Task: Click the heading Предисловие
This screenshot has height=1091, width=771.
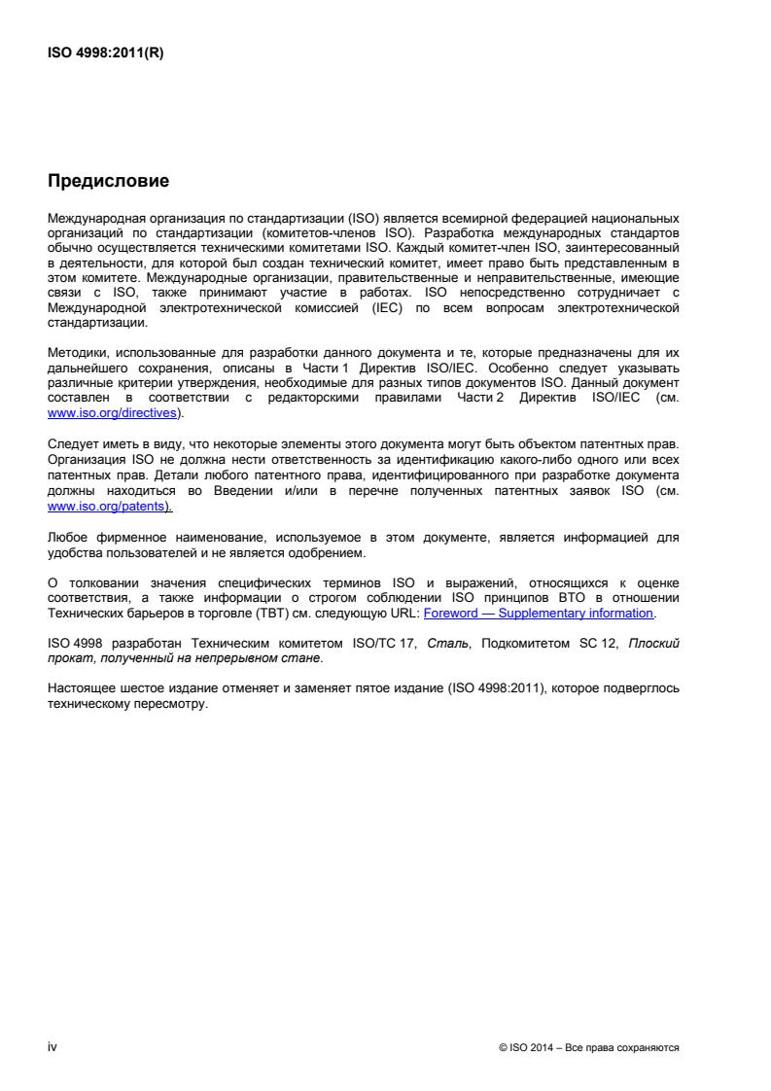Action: [x=108, y=181]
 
